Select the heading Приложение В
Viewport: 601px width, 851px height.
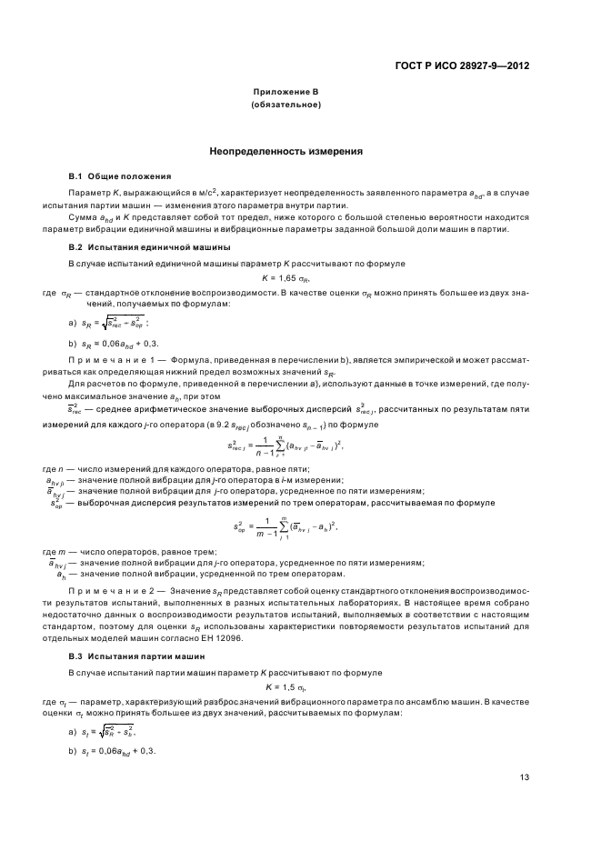285,93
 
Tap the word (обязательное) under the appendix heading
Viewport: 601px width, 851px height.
285,105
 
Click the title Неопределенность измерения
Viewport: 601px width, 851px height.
285,151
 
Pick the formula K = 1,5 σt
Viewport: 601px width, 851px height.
285,686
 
